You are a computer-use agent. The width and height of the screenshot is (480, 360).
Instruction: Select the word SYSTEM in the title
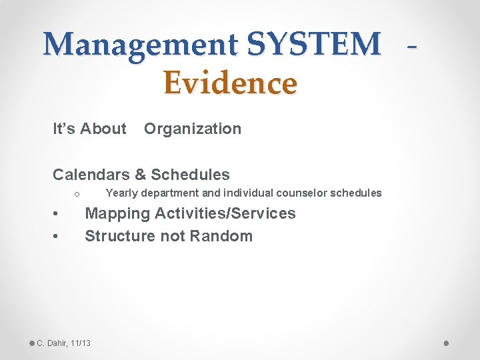(x=313, y=45)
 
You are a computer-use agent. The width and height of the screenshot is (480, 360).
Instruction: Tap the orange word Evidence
(x=230, y=83)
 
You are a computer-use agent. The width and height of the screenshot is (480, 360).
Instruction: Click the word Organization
(x=193, y=129)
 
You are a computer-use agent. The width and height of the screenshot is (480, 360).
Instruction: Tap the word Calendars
(x=91, y=175)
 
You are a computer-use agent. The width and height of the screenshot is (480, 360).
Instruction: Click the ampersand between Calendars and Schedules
(x=140, y=175)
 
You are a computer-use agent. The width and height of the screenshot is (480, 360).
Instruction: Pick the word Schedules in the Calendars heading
(x=190, y=175)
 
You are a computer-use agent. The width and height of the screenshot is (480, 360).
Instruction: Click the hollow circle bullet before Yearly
(x=77, y=194)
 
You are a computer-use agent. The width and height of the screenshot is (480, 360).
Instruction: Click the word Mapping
(x=117, y=213)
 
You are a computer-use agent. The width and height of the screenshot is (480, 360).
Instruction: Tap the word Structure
(x=117, y=236)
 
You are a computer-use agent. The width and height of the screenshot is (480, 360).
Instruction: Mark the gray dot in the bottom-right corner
(x=446, y=343)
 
